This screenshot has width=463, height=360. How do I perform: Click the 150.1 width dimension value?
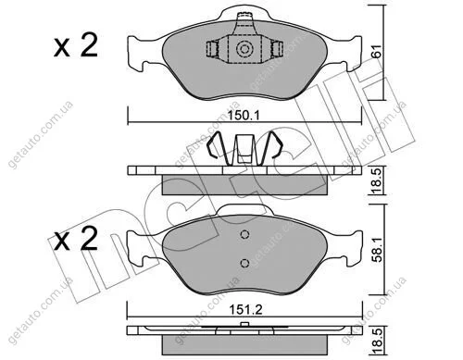(244, 116)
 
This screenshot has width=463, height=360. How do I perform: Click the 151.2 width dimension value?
(245, 309)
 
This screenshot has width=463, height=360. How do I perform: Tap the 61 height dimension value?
(377, 52)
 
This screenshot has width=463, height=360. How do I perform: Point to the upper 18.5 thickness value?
(377, 180)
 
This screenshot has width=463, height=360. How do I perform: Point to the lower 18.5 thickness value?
(377, 341)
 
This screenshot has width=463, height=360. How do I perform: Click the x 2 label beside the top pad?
(76, 45)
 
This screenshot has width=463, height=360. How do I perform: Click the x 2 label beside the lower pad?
(76, 239)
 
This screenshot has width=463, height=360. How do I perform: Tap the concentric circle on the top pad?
(244, 49)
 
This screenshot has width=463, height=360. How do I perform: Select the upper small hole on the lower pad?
(244, 235)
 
